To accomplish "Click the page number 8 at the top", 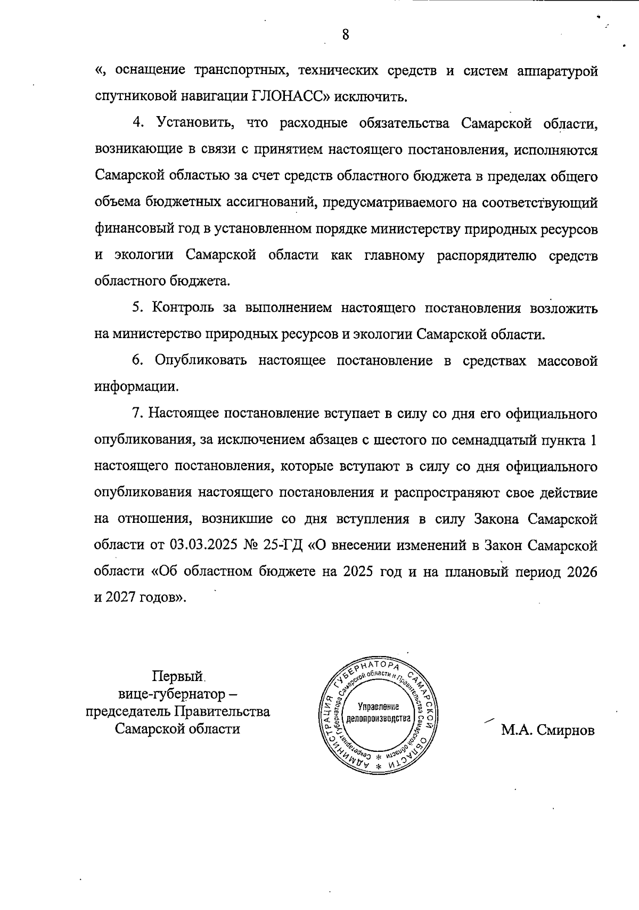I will point(346,35).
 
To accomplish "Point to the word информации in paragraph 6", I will point(136,387).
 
